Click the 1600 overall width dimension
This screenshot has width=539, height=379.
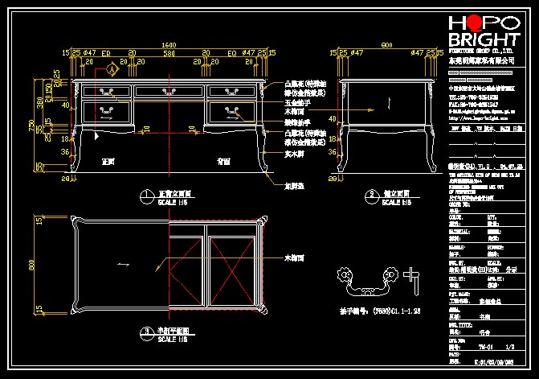(169, 44)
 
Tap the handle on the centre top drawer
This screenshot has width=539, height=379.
(169, 92)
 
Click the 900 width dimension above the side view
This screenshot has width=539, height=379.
(387, 44)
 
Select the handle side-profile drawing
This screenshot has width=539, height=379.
(415, 278)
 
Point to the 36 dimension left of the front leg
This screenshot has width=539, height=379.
(65, 150)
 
